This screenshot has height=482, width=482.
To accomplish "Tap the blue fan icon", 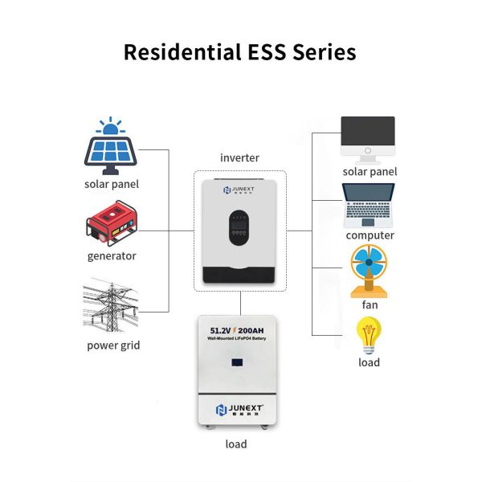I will click(x=370, y=271).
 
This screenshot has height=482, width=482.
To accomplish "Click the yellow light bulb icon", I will click(x=369, y=336).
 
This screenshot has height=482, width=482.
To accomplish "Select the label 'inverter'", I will click(x=239, y=157).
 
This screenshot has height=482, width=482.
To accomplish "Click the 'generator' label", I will click(x=112, y=256).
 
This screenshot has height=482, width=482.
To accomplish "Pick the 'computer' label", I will click(x=370, y=235).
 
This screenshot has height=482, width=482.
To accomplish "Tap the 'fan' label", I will click(x=370, y=304).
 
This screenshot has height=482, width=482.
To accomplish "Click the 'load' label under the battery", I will click(x=235, y=443).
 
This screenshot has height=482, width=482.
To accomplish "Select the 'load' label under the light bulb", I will click(x=369, y=362).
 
